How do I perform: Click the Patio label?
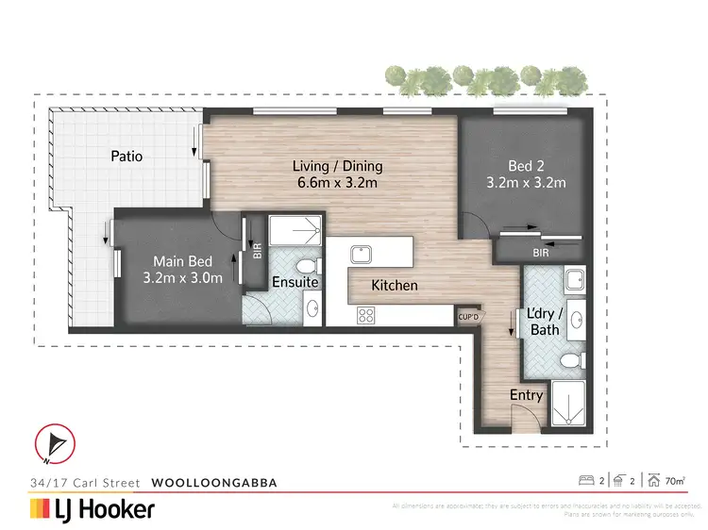click(126, 156)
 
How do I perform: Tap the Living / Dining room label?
click(336, 166)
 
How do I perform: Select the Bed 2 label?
click(526, 166)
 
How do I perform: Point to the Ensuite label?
click(295, 282)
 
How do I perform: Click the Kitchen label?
click(395, 285)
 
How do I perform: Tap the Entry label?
click(526, 395)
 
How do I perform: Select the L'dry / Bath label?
click(546, 322)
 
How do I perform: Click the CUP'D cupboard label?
click(468, 317)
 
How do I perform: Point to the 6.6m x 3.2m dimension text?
click(336, 183)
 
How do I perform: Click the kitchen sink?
click(360, 254)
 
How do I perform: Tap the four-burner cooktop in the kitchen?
click(366, 316)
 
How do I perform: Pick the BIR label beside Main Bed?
click(258, 252)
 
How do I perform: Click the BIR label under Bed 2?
click(540, 253)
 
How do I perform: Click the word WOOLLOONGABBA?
click(215, 482)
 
